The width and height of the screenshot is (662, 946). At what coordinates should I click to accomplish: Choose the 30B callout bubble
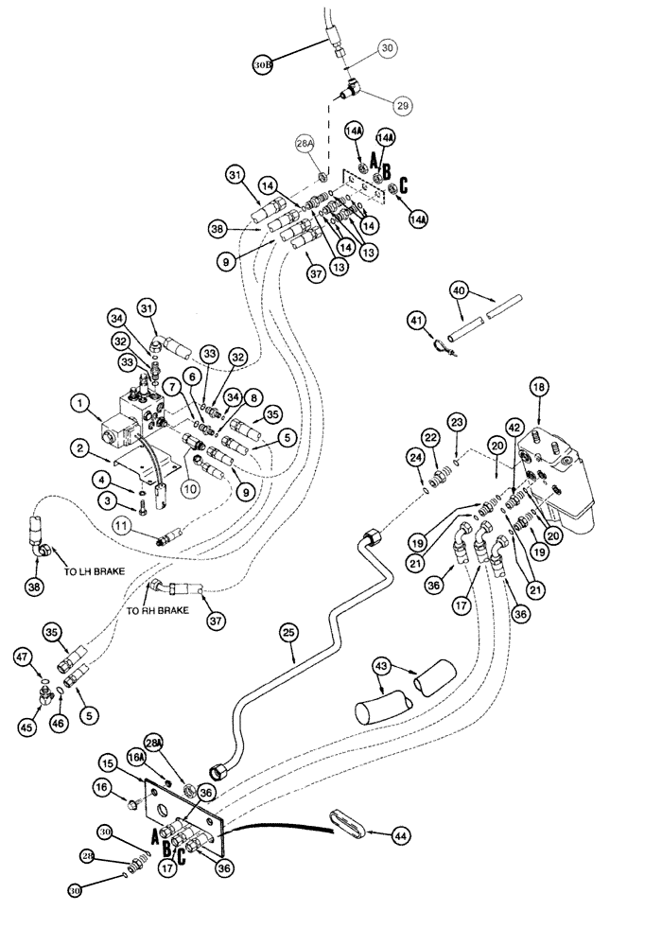[264, 64]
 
